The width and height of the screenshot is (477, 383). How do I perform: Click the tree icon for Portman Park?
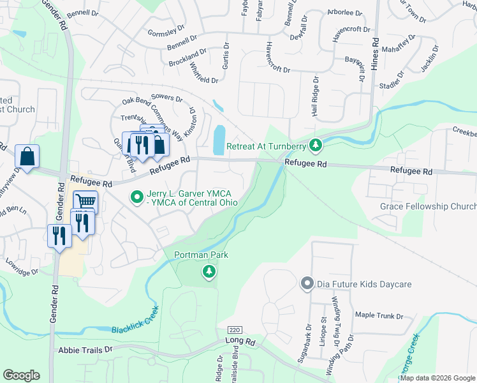tap(208, 273)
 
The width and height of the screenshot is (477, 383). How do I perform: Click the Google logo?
tap(21, 375)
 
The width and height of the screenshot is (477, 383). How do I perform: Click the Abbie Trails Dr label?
tap(85, 350)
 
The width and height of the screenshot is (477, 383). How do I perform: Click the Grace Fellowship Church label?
tap(428, 206)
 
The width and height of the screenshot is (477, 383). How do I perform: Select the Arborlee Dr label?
tap(344, 12)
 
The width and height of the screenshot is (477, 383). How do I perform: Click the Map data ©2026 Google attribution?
tap(438, 378)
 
